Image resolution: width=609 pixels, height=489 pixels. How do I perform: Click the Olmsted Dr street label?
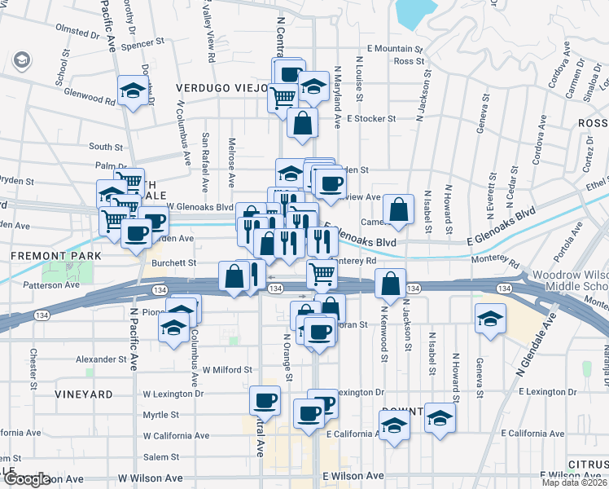77,32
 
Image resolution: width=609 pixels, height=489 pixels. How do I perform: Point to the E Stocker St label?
370,118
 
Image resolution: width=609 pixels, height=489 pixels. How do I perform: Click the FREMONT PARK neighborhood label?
55,256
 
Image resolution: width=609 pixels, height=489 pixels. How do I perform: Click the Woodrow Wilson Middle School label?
570,281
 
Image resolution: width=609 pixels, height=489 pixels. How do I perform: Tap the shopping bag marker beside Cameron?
398,209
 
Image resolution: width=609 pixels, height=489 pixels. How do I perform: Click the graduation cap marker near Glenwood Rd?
132,90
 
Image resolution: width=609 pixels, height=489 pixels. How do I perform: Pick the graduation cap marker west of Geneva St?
491,317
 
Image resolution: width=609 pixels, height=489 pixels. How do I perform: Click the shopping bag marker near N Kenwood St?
392,284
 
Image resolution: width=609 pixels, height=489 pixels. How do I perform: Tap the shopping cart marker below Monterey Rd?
323,274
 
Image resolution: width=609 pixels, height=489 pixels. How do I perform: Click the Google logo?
26,479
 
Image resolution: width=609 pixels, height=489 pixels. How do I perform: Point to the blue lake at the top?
417,11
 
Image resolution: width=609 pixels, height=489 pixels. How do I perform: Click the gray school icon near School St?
21,59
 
